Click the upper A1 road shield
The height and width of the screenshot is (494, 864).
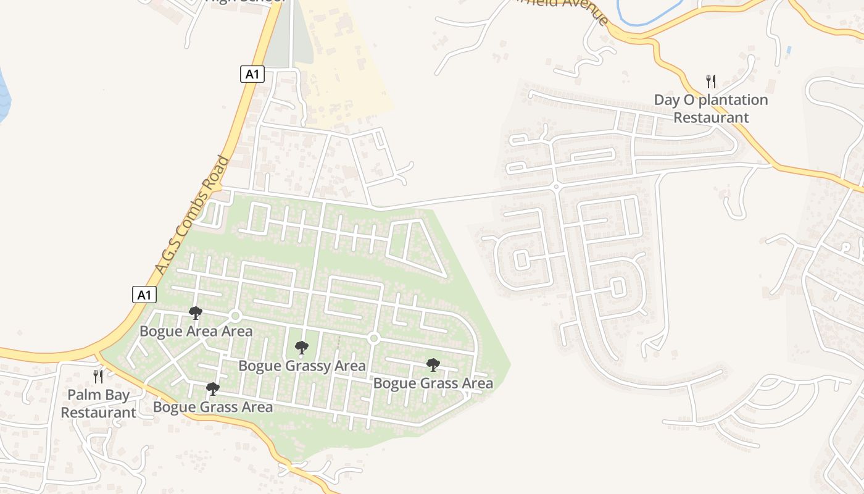point(252,75)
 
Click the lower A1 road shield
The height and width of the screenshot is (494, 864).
point(144,295)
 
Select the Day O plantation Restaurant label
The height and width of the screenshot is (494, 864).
point(711,109)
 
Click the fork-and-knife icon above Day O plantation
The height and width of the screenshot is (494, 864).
point(711,81)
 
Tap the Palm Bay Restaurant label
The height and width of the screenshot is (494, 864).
point(99,403)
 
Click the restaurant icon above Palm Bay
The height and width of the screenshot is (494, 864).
point(98,376)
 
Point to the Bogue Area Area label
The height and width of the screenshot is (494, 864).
point(196,331)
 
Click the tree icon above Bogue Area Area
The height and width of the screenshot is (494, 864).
point(196,313)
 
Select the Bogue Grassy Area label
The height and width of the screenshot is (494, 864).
point(302,366)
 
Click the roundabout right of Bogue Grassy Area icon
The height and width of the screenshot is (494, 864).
point(373,338)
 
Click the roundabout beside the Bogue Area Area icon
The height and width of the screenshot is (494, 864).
point(235,316)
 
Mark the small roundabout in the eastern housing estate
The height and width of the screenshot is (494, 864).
point(555,186)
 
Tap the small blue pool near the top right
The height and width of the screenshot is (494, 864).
point(789,49)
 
